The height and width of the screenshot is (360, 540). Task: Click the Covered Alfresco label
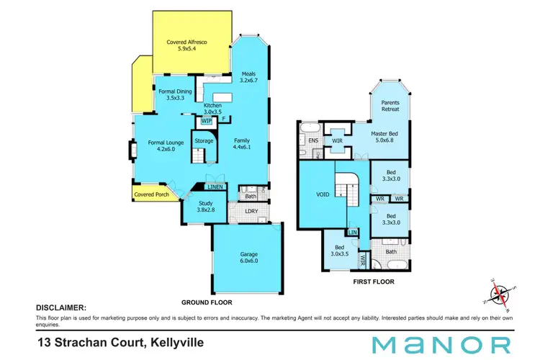(187, 47)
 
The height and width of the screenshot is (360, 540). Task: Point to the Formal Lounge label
(166, 146)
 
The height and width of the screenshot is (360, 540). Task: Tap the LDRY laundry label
(252, 211)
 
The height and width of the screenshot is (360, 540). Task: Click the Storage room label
(204, 140)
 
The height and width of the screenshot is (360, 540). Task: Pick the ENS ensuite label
(313, 140)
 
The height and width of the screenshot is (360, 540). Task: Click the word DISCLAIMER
(61, 307)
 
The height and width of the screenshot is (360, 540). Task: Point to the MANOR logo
(442, 344)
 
